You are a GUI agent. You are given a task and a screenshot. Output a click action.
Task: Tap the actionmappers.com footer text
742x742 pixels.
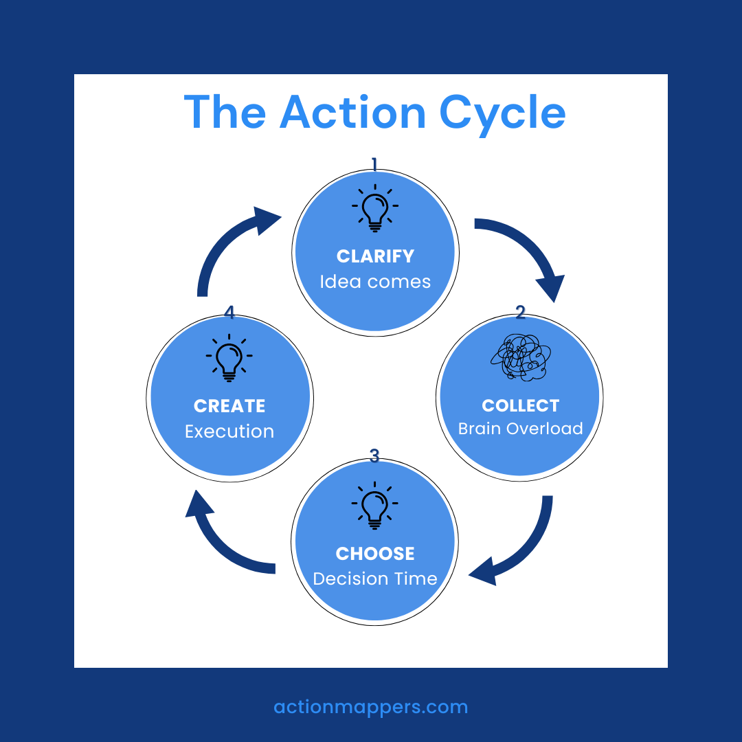(371, 707)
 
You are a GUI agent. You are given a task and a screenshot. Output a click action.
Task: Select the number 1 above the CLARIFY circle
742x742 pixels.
(374, 164)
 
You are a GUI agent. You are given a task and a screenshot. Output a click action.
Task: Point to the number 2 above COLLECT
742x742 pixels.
(520, 313)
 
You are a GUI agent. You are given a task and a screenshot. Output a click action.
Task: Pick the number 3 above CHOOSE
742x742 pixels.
(374, 456)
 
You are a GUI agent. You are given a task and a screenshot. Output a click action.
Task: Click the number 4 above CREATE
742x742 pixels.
(229, 313)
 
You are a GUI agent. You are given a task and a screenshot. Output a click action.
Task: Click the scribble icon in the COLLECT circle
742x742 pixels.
(521, 357)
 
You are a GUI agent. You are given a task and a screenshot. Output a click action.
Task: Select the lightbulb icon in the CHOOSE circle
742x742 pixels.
(374, 506)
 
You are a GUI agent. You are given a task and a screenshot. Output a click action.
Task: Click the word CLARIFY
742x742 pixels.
(375, 256)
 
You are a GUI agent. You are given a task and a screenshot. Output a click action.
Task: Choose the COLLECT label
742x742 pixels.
(521, 405)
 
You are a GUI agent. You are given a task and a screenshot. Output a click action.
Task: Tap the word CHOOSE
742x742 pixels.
(375, 554)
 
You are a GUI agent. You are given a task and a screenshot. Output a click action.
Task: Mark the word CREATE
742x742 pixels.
(229, 406)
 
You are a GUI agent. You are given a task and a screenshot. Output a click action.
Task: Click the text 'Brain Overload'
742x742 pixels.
(521, 429)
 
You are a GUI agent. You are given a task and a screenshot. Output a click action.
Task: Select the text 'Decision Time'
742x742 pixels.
(375, 578)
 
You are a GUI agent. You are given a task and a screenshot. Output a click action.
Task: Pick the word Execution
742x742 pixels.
(229, 431)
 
